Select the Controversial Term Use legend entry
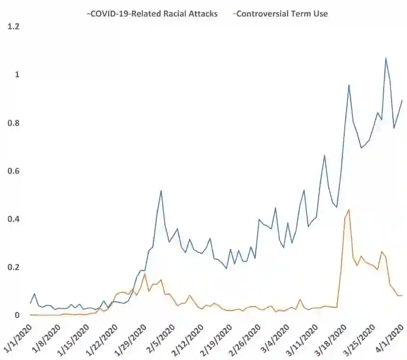coord(282,13)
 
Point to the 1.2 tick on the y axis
coord(14,27)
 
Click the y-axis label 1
coord(17,75)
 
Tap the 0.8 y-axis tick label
coord(14,123)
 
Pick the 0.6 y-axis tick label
coord(14,171)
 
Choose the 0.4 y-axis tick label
coord(14,219)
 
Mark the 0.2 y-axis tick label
coord(14,267)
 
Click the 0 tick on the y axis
coord(17,315)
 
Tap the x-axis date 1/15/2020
coord(74,338)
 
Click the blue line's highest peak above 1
coord(386,58)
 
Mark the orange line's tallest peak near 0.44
coord(349,210)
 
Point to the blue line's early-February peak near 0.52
coord(161,191)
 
